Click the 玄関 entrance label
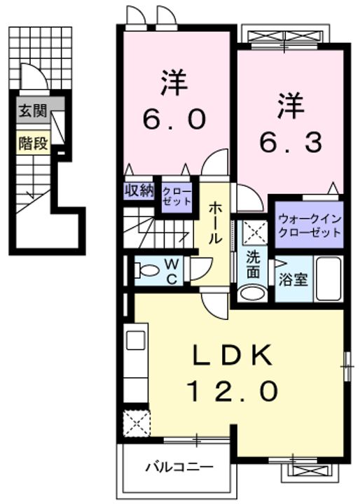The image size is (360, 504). [x=34, y=111]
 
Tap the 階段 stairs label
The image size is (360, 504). [x=34, y=143]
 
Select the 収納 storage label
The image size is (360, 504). [x=139, y=191]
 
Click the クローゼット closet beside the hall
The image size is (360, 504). [x=176, y=197]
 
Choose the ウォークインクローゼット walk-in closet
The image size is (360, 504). [x=309, y=225]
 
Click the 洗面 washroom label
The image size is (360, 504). [x=253, y=265]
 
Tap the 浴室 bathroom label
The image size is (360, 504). [x=293, y=279]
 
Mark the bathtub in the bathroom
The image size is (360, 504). [x=328, y=279]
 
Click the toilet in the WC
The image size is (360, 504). [x=147, y=269]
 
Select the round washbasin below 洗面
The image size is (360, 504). [x=253, y=293]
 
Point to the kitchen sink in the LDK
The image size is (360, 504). [x=136, y=340]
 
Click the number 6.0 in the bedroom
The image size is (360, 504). [x=174, y=118]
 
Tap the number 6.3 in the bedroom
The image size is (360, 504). [x=291, y=142]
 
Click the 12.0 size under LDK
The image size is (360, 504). [x=233, y=391]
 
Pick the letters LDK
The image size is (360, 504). [x=233, y=354]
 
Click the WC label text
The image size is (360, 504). [x=172, y=272]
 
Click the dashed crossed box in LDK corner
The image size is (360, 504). [x=137, y=423]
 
